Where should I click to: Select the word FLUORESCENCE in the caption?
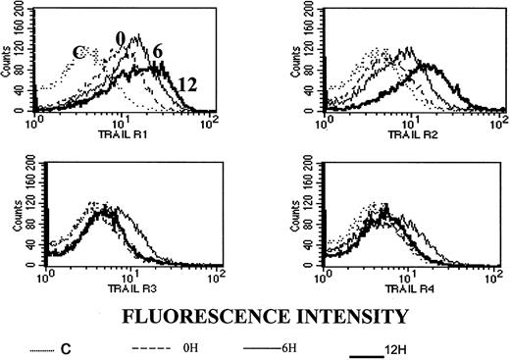[x=184, y=316]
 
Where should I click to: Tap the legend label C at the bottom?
[x=60, y=348]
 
